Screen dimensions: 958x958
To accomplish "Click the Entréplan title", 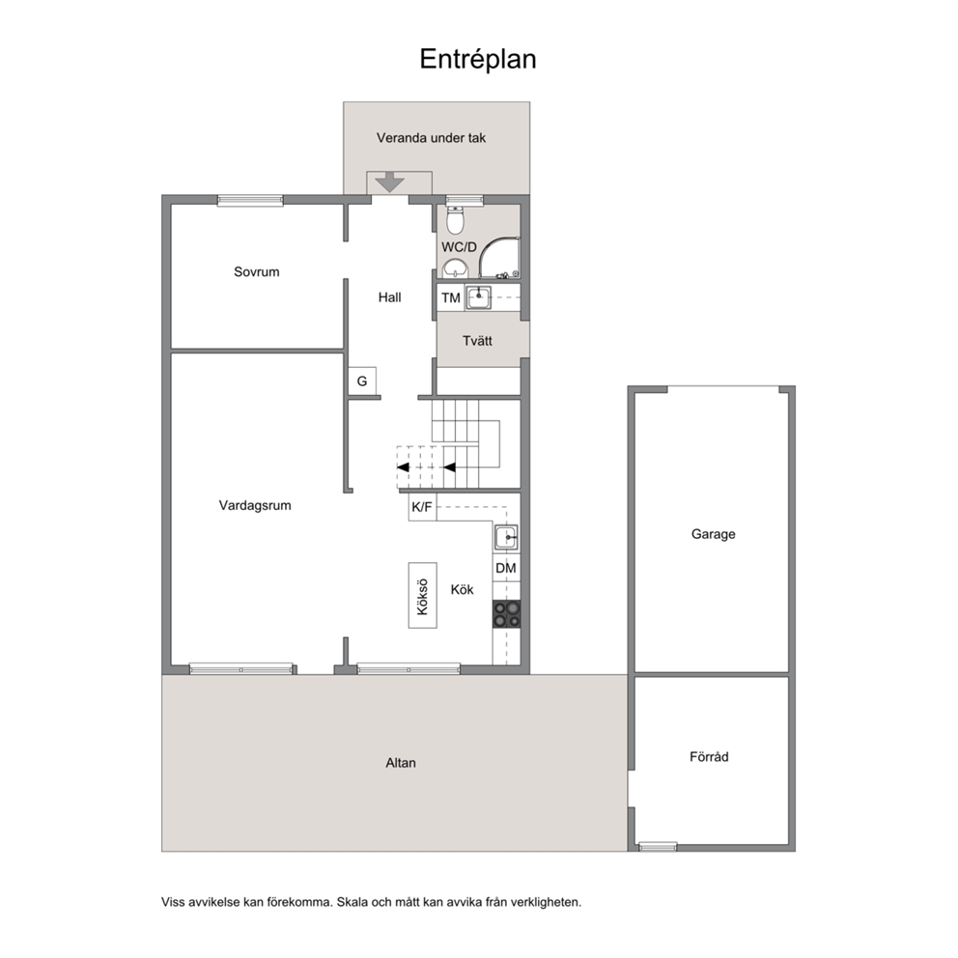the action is (x=478, y=60).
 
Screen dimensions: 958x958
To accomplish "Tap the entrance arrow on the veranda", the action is (x=390, y=183).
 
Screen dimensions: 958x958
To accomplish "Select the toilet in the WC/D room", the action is (x=455, y=220).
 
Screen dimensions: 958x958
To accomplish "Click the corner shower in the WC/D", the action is (x=499, y=258).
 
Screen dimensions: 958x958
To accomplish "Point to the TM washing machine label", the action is (x=451, y=298).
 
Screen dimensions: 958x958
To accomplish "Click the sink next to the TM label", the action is (x=478, y=298).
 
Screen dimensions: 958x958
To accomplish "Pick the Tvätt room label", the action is (x=477, y=341).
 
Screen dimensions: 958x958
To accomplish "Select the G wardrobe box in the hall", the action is (x=362, y=381).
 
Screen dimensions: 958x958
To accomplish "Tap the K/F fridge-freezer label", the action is (x=422, y=507).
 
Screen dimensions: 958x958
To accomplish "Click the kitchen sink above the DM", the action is (x=506, y=538).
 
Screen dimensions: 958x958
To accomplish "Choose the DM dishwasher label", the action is (x=506, y=568).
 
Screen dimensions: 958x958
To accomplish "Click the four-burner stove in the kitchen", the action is (x=506, y=614).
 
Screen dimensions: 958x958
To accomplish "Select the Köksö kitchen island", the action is (x=423, y=596).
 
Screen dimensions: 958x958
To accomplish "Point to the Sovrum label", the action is (x=257, y=272).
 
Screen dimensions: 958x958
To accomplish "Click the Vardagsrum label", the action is (x=255, y=506).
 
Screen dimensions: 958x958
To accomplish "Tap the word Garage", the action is (x=713, y=534).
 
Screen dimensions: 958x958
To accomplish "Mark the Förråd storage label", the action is (x=709, y=756).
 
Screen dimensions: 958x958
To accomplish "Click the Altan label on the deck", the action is (x=401, y=763).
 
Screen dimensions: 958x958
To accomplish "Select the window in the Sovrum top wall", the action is (x=250, y=200).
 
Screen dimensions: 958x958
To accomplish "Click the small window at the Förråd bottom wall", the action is (x=658, y=846).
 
